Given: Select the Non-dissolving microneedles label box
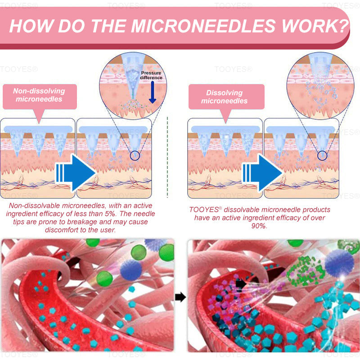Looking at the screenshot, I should (39, 96).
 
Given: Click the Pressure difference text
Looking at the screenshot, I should (151, 75).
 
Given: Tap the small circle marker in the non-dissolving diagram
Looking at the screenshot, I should (135, 156).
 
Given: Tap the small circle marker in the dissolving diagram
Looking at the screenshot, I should (322, 156).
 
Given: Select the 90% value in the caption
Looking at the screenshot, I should (259, 226).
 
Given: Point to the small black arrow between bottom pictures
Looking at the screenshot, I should (180, 297).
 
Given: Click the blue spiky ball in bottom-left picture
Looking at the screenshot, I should (131, 269).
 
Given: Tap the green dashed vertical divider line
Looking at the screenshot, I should (167, 157).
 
